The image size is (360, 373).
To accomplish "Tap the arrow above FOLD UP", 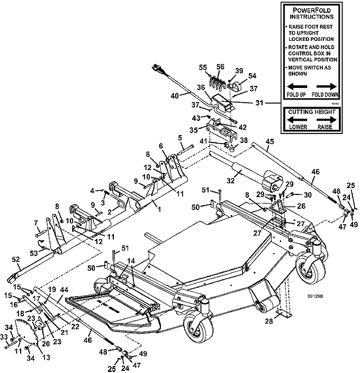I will (x=297, y=86).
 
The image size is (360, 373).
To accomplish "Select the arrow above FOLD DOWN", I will (x=327, y=86).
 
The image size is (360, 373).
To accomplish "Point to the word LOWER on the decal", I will (x=298, y=128).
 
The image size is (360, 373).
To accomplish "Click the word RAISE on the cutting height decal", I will (x=327, y=128).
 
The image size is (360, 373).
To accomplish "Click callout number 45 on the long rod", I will (x=270, y=141).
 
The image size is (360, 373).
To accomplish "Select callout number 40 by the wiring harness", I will (x=174, y=96).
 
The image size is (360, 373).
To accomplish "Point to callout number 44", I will (x=64, y=290).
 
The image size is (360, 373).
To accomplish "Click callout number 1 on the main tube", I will (x=154, y=203).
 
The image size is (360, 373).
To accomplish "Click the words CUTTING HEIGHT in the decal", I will (x=312, y=112).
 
